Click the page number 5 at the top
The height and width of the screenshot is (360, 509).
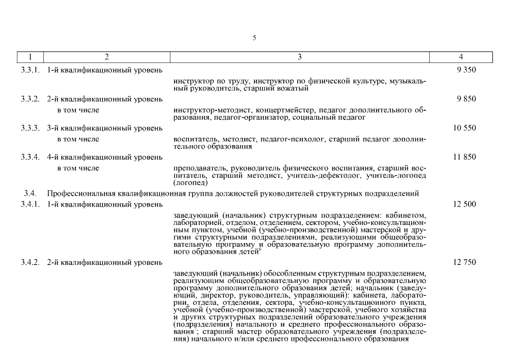tap(254, 38)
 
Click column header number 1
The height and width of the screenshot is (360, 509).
tap(29, 57)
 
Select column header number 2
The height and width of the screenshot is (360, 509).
tap(106, 57)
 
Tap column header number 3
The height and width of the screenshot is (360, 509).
tap(299, 57)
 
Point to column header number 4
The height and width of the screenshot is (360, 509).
tap(461, 57)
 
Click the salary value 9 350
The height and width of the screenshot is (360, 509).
tap(467, 70)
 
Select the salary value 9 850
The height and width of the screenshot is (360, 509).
tap(467, 99)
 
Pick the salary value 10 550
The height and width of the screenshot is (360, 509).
tap(465, 128)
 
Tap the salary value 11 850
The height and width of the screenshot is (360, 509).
tap(465, 157)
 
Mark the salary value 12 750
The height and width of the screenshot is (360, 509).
tap(465, 262)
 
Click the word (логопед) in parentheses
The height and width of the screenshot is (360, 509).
tap(191, 183)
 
